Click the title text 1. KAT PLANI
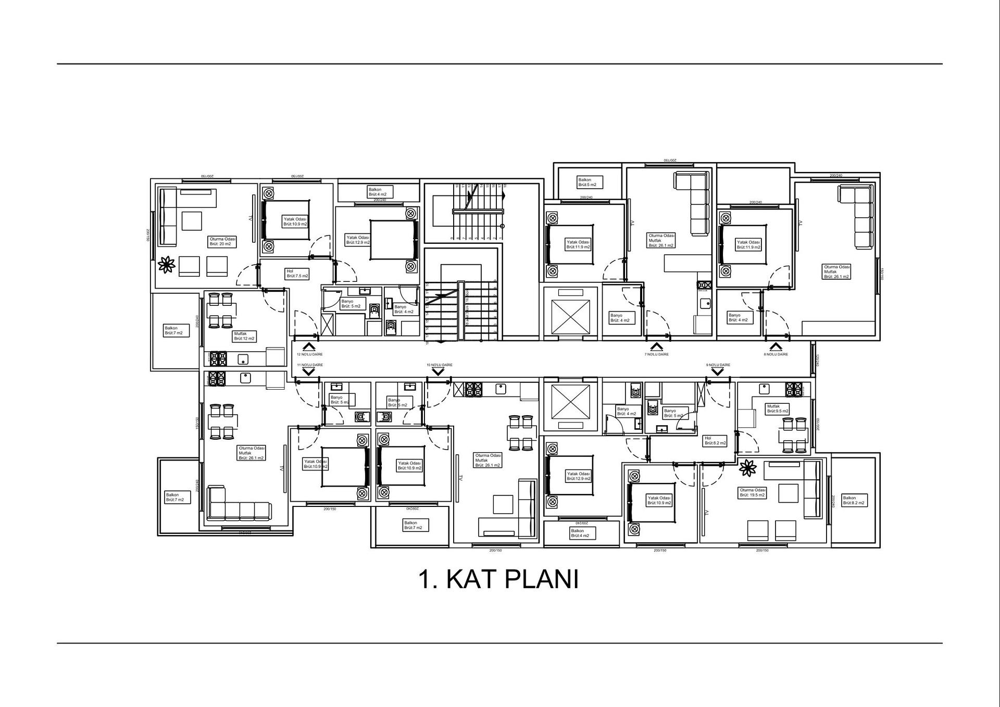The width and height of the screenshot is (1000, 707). pyautogui.click(x=498, y=579)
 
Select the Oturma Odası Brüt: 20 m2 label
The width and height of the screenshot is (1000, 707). pyautogui.click(x=223, y=241)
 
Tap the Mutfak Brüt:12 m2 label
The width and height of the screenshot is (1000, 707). pyautogui.click(x=244, y=336)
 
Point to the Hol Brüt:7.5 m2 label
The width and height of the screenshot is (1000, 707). pyautogui.click(x=297, y=274)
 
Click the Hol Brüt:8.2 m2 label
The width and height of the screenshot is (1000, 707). pyautogui.click(x=715, y=441)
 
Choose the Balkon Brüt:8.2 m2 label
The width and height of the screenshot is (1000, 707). pyautogui.click(x=854, y=500)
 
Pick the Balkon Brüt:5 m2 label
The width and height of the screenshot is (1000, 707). pyautogui.click(x=590, y=182)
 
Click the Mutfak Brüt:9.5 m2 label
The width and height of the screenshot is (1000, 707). pyautogui.click(x=777, y=408)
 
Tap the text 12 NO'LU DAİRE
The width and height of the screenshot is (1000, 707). pyautogui.click(x=309, y=354)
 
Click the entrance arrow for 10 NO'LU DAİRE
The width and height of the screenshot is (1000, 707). pyautogui.click(x=438, y=371)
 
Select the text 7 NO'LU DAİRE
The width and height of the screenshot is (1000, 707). pyautogui.click(x=656, y=354)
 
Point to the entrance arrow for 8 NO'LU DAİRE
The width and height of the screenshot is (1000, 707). pyautogui.click(x=776, y=346)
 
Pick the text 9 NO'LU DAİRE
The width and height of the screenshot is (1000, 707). pyautogui.click(x=718, y=365)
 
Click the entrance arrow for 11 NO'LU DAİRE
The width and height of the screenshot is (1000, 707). pyautogui.click(x=309, y=371)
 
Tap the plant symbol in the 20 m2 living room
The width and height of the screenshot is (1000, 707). pyautogui.click(x=166, y=265)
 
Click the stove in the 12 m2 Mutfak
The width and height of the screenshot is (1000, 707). pyautogui.click(x=218, y=358)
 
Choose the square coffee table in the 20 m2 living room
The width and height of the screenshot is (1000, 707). pyautogui.click(x=192, y=220)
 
